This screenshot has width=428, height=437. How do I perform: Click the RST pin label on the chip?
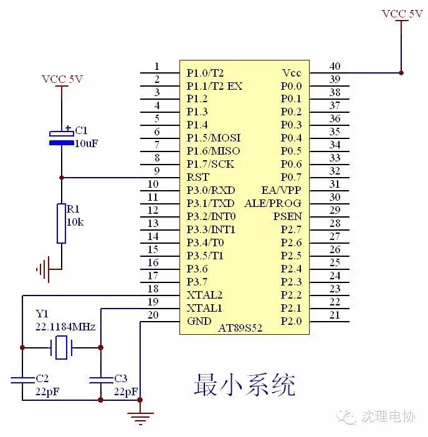(x=197, y=177)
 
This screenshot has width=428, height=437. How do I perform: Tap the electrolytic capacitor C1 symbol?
(x=62, y=138)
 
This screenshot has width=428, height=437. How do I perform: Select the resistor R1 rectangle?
(x=61, y=224)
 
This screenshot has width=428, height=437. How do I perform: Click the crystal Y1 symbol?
(x=61, y=347)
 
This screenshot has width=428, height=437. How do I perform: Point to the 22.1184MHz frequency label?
(x=65, y=327)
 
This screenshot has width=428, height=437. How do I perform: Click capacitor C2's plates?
(x=22, y=380)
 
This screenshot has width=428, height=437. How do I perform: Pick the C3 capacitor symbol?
(x=101, y=380)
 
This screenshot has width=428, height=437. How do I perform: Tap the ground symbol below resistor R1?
(x=44, y=269)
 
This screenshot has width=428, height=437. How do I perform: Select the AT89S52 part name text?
(x=240, y=328)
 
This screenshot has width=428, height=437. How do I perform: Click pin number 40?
(x=335, y=66)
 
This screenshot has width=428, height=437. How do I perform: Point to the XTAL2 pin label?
(x=205, y=295)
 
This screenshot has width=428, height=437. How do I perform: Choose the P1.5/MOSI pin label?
(x=214, y=138)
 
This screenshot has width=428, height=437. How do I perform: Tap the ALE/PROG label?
(x=273, y=203)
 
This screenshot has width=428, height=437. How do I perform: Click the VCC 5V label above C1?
(x=62, y=79)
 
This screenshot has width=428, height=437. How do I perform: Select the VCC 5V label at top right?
(x=402, y=14)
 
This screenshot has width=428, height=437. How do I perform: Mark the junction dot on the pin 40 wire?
(x=401, y=73)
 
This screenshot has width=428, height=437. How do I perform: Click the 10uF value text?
(x=87, y=143)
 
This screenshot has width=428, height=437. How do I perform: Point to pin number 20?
(x=153, y=315)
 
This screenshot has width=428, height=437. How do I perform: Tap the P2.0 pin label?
(x=291, y=321)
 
